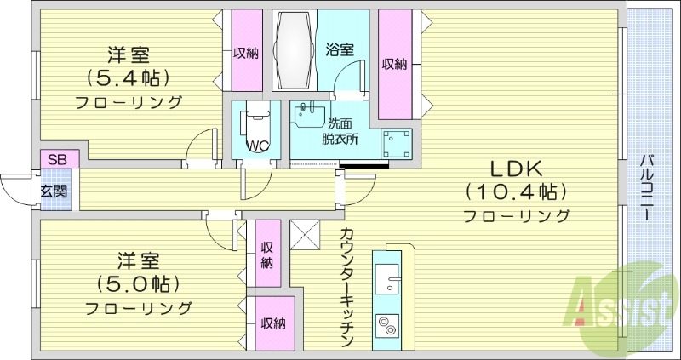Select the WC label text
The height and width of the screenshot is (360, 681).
tap(257, 146)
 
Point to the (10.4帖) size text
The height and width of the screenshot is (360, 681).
tap(516, 191)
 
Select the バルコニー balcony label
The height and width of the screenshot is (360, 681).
tap(647, 187)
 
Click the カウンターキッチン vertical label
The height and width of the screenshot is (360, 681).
tap(346, 286)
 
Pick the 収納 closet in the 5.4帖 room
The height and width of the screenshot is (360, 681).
tap(246, 53)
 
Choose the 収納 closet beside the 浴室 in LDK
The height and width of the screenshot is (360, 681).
tap(394, 64)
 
